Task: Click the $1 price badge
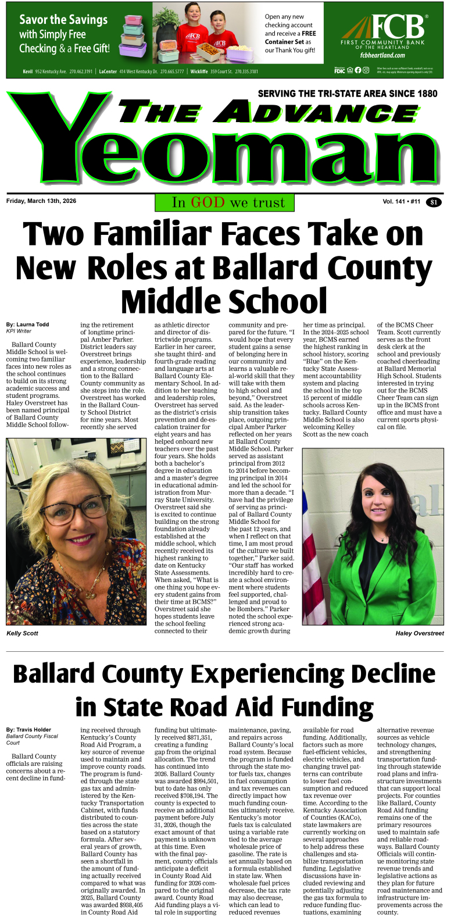point(434,202)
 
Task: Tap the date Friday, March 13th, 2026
point(41,201)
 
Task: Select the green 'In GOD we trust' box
point(224,202)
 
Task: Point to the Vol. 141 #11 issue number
point(401,202)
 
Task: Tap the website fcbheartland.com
point(382,55)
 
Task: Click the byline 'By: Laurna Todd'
point(28,324)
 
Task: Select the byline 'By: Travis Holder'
point(29,729)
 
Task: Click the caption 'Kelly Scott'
point(22,633)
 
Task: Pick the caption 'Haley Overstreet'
point(419,633)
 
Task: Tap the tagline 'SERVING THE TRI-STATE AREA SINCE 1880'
point(348,94)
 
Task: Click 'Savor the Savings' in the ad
point(63,20)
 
